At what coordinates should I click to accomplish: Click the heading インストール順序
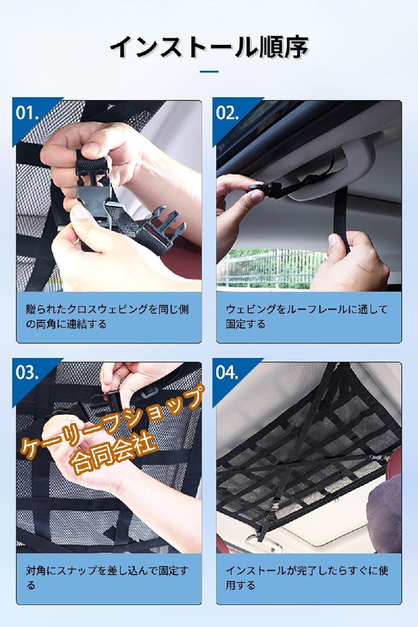[209, 47]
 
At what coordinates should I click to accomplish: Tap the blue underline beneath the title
[209, 72]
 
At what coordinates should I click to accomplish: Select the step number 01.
[27, 113]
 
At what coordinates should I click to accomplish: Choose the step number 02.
[227, 113]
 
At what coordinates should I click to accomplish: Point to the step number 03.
[27, 372]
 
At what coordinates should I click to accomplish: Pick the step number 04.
[227, 372]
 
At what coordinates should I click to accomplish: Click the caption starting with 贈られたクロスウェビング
[107, 317]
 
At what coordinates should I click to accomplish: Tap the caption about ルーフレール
[307, 317]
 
